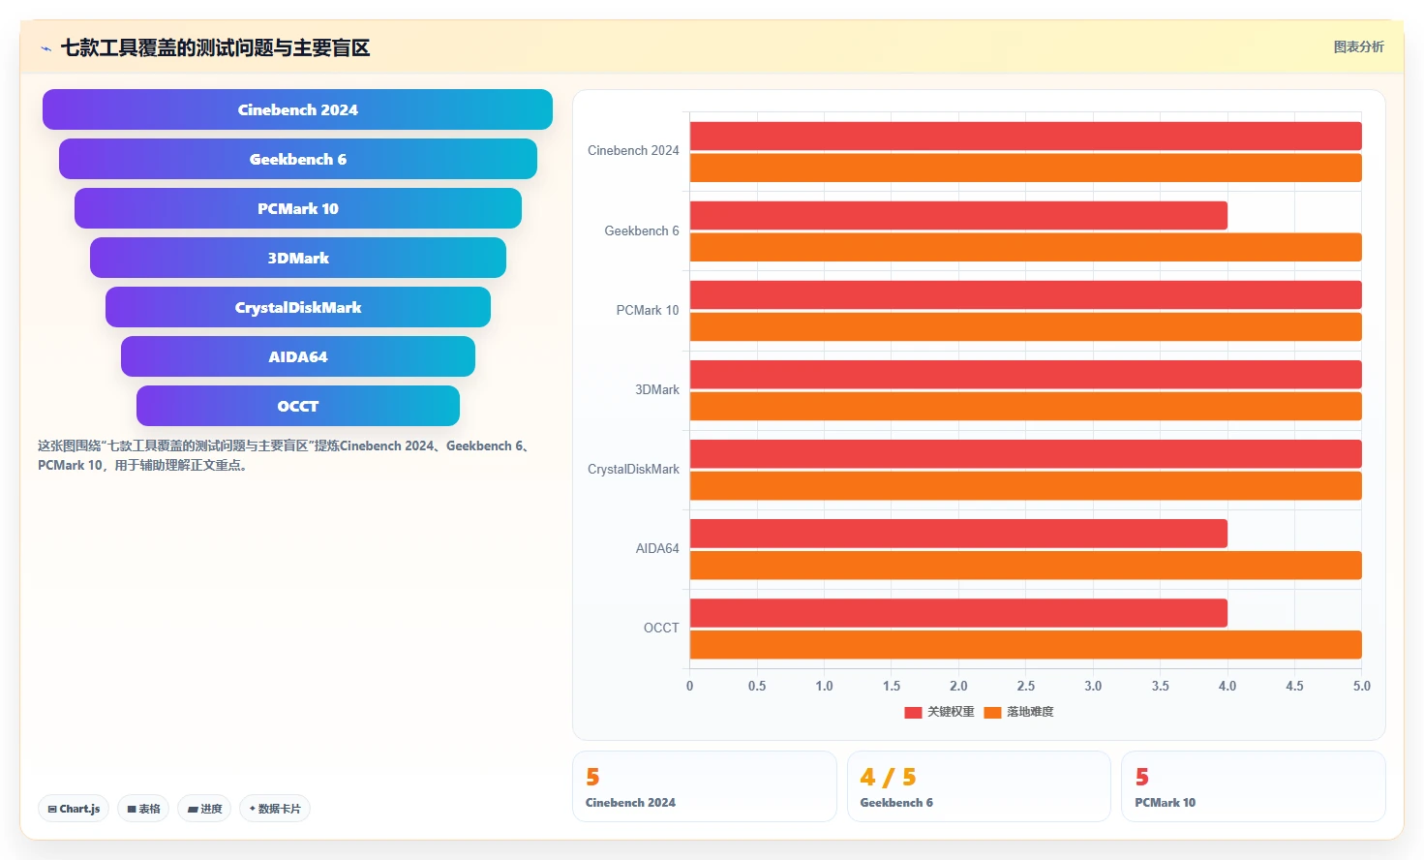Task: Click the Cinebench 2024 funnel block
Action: pos(297,109)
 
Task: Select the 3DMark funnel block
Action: pos(297,258)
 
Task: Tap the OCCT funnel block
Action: pos(297,406)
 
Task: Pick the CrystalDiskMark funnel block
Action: pos(297,307)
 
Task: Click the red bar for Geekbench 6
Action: pos(958,216)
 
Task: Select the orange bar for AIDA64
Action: pos(1025,565)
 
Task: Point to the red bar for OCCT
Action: pos(958,613)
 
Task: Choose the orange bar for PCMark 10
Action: pos(1025,326)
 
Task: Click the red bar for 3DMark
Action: pos(1025,375)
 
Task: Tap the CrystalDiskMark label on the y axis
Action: pos(633,469)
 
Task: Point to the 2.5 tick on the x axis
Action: pos(1025,686)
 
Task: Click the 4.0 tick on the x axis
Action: pos(1227,686)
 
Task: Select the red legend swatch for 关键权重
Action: pos(913,713)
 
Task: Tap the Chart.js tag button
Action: pos(74,809)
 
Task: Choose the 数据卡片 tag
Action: pos(275,809)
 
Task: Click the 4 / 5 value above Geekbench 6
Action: pos(888,777)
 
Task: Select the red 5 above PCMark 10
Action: pos(1141,777)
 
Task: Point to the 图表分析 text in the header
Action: pos(1358,47)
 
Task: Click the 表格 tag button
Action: pos(143,809)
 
